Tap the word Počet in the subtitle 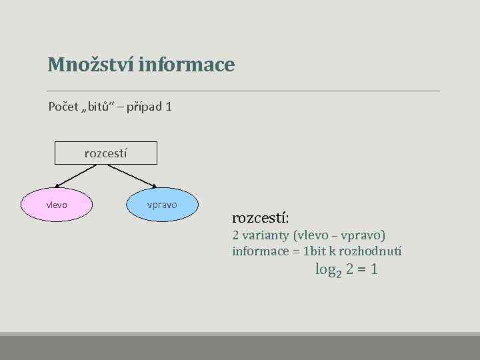click(63, 107)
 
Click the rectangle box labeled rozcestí click(106, 153)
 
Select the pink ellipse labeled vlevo click(56, 205)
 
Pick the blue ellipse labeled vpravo click(162, 205)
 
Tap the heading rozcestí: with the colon click(260, 218)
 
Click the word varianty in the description click(270, 235)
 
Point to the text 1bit click(315, 251)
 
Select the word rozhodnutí click(373, 251)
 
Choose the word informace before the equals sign click(257, 251)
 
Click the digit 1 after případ click(169, 107)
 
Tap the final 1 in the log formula click(374, 270)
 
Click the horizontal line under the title click(243, 91)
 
